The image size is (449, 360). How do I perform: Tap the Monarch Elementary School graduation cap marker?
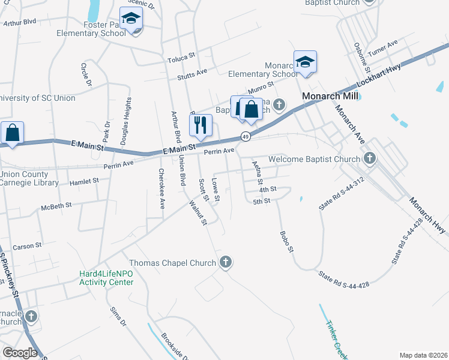[305, 62]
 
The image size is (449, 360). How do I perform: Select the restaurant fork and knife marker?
[200, 124]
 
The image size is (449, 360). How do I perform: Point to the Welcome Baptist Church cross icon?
[370, 158]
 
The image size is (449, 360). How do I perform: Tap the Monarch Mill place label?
[330, 96]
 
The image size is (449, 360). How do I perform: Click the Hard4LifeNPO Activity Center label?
[106, 278]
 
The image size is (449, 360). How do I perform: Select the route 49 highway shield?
[246, 137]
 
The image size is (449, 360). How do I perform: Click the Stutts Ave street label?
[192, 73]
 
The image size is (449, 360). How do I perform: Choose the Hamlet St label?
[84, 181]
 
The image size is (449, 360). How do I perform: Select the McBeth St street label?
[56, 205]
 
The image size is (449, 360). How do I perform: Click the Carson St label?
[27, 246]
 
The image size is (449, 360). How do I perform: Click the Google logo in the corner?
[20, 353]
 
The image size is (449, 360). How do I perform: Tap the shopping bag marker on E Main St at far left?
[12, 133]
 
